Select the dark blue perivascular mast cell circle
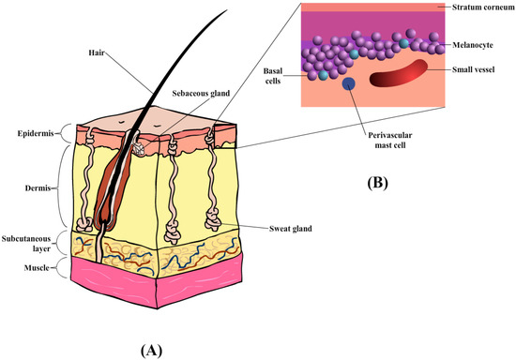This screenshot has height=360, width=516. tap(349, 85)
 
